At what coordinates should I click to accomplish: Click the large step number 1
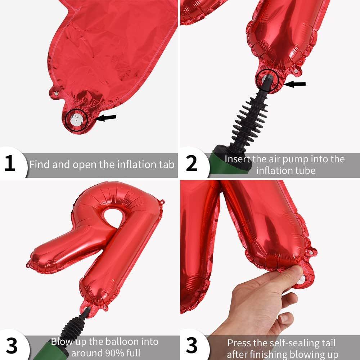point(10,163)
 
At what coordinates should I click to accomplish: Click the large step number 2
point(192,163)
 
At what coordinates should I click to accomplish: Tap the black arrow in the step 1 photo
point(105,118)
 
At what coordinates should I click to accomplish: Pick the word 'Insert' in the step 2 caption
point(237,159)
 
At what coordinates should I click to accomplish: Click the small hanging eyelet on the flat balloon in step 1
point(56,94)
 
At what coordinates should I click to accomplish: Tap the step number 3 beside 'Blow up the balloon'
point(12,345)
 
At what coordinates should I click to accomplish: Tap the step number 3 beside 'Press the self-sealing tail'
point(192,345)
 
